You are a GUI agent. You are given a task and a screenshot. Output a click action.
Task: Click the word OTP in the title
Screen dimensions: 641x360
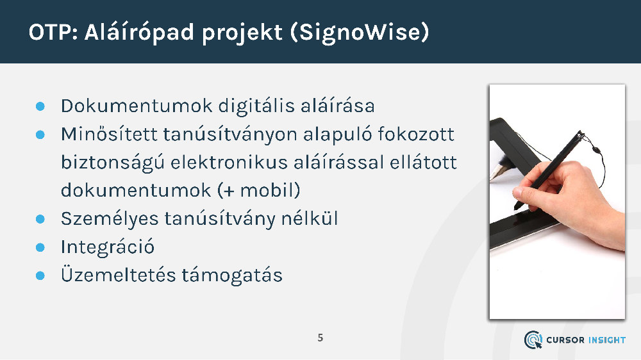50,32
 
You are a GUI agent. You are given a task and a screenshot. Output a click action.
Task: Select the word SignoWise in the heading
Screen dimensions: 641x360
360,33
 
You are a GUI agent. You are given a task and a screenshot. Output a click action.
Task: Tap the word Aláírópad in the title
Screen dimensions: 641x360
139,33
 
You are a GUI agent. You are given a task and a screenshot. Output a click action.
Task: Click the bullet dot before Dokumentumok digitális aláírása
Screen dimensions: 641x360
40,106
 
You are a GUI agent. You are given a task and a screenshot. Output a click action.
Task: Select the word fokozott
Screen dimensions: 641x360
415,134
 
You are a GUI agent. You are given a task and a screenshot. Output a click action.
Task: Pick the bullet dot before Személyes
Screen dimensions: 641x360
40,219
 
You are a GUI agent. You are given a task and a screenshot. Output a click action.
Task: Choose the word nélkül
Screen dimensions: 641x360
310,218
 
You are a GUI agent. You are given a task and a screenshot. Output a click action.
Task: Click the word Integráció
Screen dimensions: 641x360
108,247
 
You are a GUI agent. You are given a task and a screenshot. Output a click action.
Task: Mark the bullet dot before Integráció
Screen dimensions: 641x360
40,247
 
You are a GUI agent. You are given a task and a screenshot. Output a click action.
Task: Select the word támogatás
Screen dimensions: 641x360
232,275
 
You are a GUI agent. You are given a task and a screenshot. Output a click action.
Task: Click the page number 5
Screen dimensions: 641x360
320,338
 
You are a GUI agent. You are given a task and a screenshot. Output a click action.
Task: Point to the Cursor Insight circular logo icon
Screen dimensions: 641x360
533,340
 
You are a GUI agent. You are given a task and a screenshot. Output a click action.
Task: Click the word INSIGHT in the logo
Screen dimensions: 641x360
606,340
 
